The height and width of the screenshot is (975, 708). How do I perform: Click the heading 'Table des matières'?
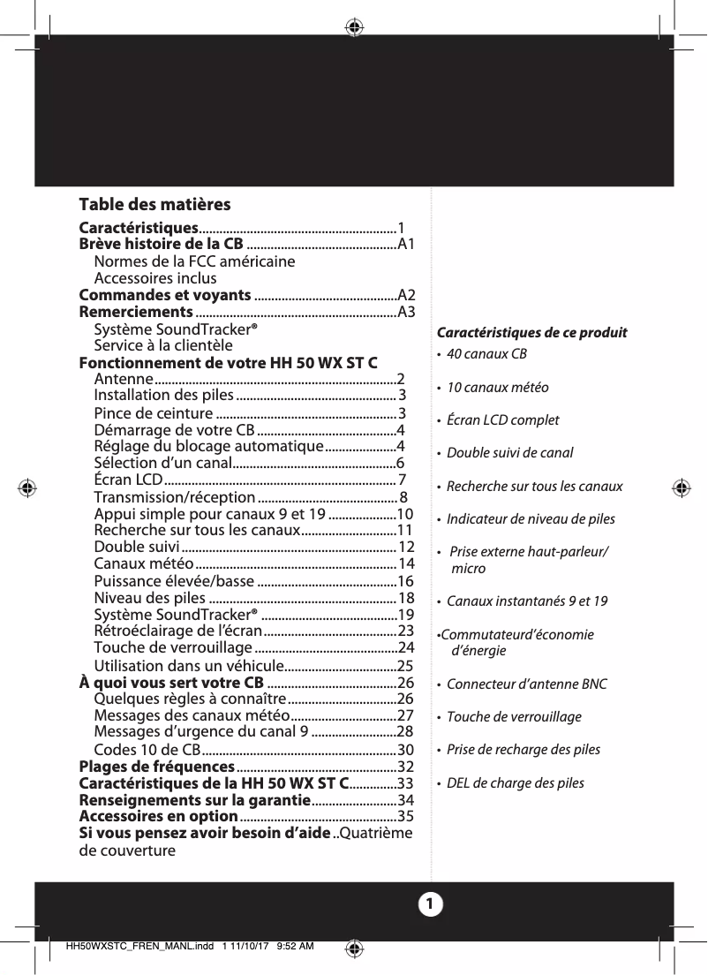154,205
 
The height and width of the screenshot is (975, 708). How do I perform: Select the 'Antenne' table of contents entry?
124,379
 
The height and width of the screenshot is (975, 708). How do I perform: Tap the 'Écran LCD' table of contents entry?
127,480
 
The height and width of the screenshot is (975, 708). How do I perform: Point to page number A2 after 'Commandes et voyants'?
407,295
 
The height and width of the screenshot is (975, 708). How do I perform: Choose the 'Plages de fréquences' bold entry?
156,766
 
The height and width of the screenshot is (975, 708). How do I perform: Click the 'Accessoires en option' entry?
159,816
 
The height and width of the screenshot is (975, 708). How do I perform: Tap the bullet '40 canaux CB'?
486,354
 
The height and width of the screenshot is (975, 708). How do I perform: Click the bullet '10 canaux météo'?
497,388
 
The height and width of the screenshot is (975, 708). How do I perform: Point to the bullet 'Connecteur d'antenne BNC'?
526,684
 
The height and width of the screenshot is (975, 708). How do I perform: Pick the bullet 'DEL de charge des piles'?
515,783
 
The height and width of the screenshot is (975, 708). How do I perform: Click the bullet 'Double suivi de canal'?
509,453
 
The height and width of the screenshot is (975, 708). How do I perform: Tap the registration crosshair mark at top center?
354,27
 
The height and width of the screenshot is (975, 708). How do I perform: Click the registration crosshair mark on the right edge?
681,487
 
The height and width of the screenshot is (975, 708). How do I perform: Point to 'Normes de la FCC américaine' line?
194,261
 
